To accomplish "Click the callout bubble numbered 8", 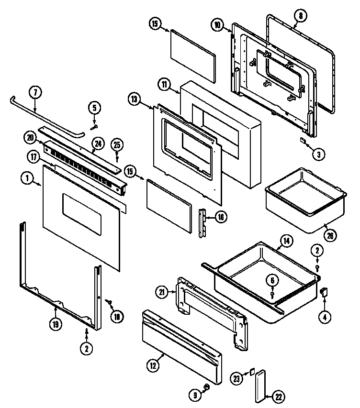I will [x=300, y=16].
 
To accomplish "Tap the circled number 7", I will [x=35, y=92].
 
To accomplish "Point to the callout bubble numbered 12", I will [x=152, y=366].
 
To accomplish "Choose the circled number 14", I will [x=286, y=242].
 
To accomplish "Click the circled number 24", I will [x=98, y=143].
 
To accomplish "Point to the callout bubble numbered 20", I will [x=31, y=138].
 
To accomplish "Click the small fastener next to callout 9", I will [x=206, y=386].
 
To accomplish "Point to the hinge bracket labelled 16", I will [x=202, y=222].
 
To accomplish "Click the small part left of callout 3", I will [x=303, y=141].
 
